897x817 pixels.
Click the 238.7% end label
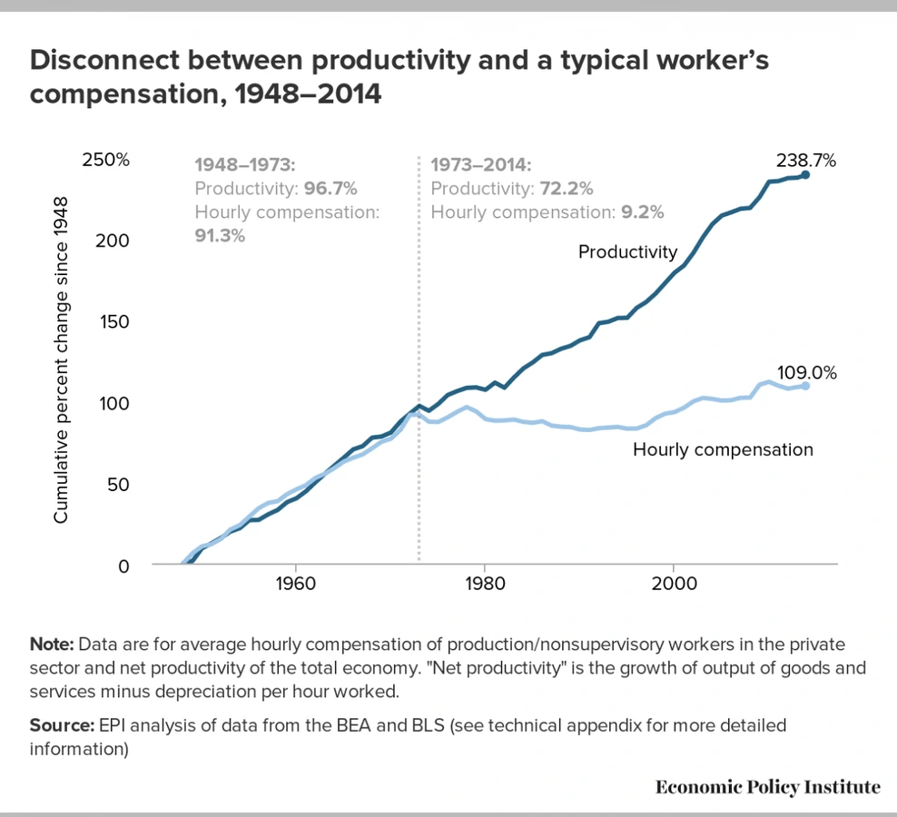point(805,161)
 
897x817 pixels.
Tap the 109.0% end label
point(805,373)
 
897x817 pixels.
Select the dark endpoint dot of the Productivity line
point(805,174)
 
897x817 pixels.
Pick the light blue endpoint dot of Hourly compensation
point(805,386)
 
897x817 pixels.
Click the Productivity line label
point(627,251)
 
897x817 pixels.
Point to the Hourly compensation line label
point(723,448)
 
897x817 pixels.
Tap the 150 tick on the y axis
point(114,322)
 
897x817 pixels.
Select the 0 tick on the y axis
point(123,565)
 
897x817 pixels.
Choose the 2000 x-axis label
point(674,582)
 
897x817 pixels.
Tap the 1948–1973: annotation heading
point(245,165)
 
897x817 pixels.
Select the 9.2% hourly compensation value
point(643,212)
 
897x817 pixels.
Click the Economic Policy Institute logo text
point(767,786)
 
